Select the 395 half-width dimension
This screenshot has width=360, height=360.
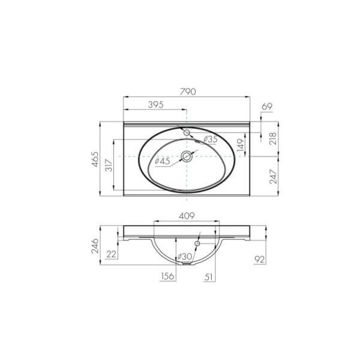[156, 104]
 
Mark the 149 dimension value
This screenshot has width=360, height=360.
[240, 145]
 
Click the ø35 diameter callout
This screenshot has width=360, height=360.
[210, 139]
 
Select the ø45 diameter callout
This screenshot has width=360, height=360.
[163, 161]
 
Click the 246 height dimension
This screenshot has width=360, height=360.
[95, 245]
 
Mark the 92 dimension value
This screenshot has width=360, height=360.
[260, 260]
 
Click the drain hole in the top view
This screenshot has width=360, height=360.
[187, 157]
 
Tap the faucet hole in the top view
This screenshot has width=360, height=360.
[187, 132]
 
